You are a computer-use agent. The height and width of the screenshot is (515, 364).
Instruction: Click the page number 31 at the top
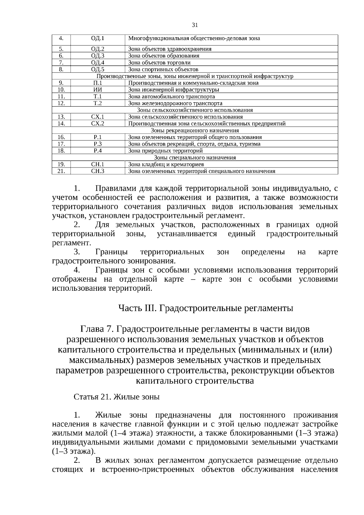pyautogui.click(x=195, y=25)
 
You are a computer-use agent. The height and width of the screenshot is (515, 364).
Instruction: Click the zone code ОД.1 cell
pyautogui.click(x=98, y=39)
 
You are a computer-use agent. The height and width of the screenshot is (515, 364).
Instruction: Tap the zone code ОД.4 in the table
pyautogui.click(x=98, y=63)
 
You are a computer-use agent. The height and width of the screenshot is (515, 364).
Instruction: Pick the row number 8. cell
pyautogui.click(x=61, y=69)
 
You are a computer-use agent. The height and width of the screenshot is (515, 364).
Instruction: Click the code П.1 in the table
pyautogui.click(x=98, y=83)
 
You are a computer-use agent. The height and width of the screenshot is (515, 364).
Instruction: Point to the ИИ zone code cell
pyautogui.click(x=98, y=90)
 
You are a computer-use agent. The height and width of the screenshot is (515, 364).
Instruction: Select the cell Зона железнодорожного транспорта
pyautogui.click(x=175, y=103)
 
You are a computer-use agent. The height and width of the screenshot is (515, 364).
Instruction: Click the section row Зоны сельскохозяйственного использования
pyautogui.click(x=195, y=110)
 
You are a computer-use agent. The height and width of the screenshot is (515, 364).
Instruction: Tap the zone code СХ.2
pyautogui.click(x=98, y=124)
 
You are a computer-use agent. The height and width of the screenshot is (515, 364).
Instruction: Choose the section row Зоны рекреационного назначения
pyautogui.click(x=195, y=130)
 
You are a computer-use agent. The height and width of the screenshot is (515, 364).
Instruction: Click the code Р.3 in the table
pyautogui.click(x=98, y=144)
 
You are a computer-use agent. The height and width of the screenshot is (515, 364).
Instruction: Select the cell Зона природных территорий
pyautogui.click(x=165, y=151)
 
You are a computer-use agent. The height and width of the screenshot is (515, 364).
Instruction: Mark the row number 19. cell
pyautogui.click(x=61, y=164)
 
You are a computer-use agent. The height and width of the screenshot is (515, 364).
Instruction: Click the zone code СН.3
pyautogui.click(x=98, y=171)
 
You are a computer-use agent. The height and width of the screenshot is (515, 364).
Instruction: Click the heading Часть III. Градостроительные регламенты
pyautogui.click(x=205, y=308)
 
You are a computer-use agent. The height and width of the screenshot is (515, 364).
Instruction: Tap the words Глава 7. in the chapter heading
pyautogui.click(x=96, y=329)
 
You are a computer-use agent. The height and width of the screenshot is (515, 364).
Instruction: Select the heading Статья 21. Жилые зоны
pyautogui.click(x=116, y=397)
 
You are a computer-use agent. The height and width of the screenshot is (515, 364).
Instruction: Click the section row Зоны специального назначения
pyautogui.click(x=195, y=158)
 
